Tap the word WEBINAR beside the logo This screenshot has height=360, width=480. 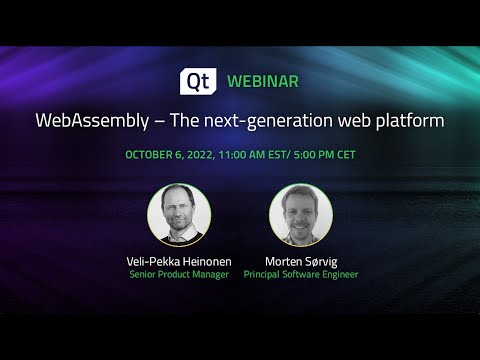click(x=263, y=80)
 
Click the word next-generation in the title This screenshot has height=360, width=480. click(x=265, y=120)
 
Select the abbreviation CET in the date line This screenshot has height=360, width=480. click(x=343, y=155)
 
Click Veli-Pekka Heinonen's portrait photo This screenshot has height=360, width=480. click(x=178, y=215)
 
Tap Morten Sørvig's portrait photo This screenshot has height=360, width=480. click(x=301, y=215)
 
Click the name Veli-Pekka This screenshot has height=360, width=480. click(x=149, y=260)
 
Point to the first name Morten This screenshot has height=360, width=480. click(x=281, y=260)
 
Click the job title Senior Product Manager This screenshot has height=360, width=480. click(x=178, y=273)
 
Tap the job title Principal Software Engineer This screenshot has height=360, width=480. click(x=301, y=273)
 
